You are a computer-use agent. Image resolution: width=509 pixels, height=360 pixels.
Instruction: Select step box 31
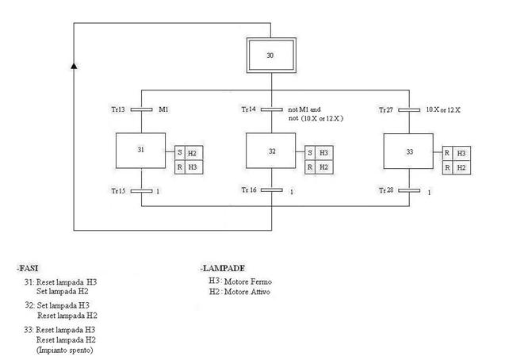[x=140, y=151]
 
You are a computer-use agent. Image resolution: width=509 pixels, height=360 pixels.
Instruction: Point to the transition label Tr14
[x=250, y=109]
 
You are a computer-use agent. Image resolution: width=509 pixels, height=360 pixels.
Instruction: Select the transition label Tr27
[x=387, y=109]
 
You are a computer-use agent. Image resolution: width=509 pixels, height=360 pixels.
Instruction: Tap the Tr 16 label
[x=251, y=190]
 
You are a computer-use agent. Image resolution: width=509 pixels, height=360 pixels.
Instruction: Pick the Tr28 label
[x=387, y=190]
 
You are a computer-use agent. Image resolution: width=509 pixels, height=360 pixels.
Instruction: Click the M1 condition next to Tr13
[x=164, y=109]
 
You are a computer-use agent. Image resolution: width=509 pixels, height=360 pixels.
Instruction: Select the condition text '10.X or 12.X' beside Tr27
[x=443, y=109]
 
